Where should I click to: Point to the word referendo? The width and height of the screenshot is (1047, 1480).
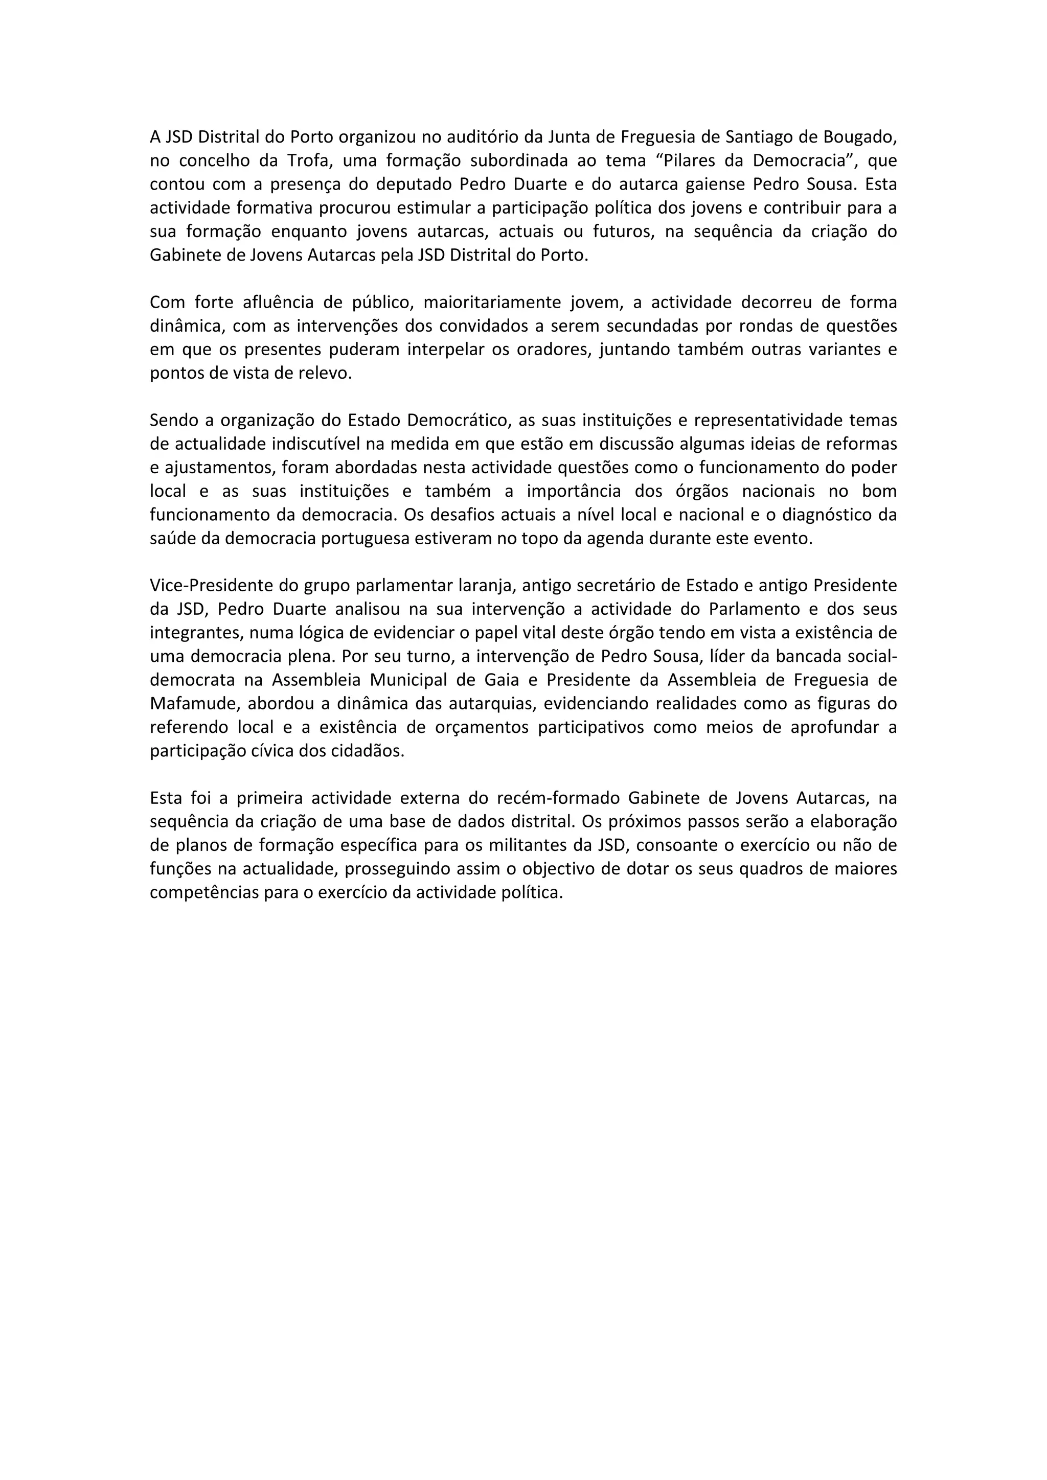187,727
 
